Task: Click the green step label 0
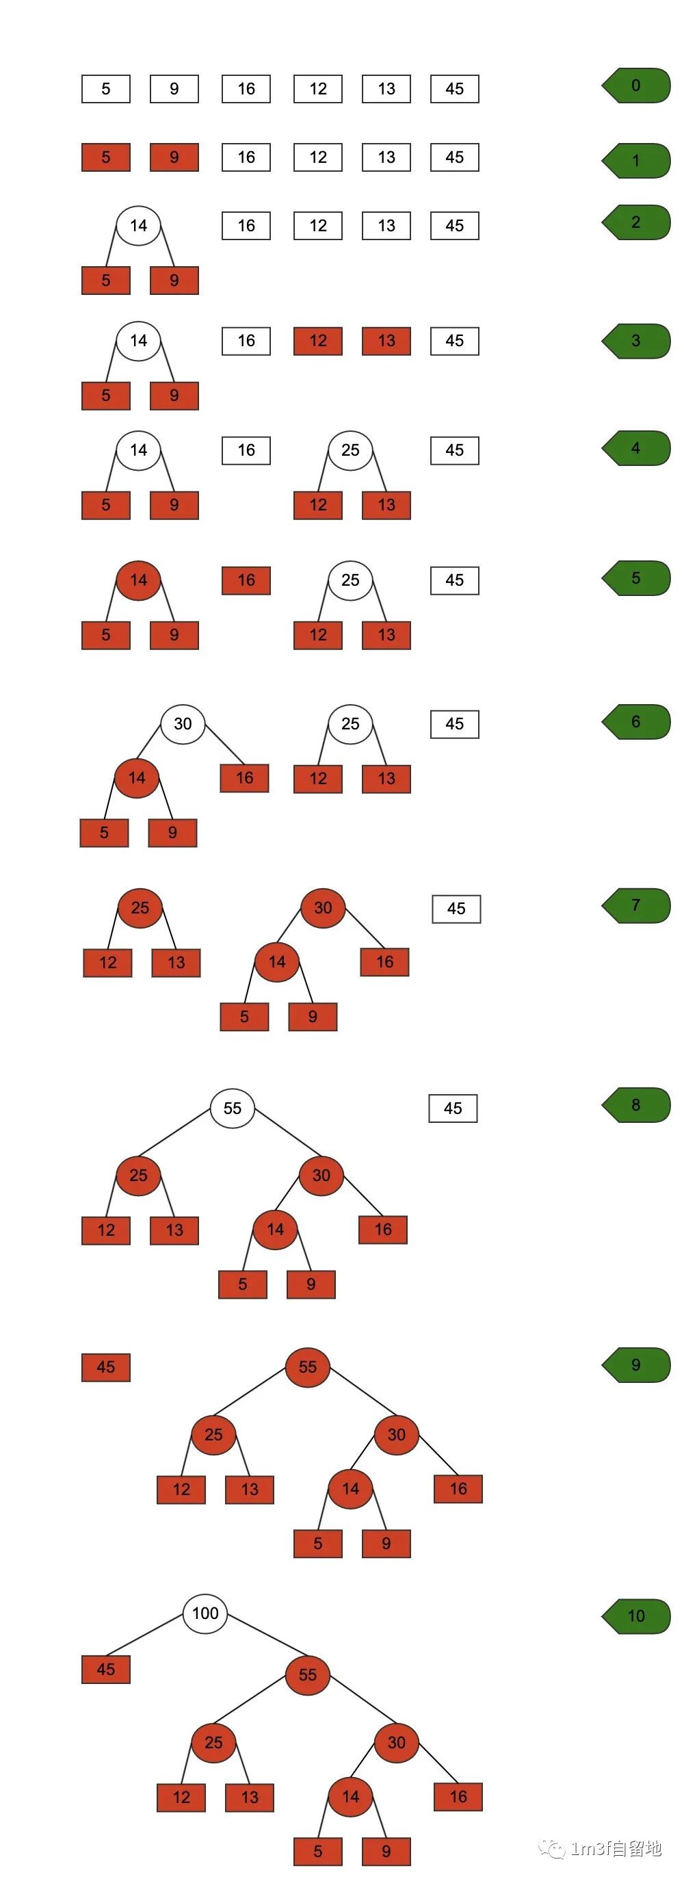pos(636,86)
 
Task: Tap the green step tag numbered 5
pos(636,578)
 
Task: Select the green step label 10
pos(636,1616)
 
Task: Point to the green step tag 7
pos(636,906)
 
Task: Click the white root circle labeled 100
pos(205,1614)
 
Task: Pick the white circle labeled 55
pos(232,1109)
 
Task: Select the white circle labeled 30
pos(183,723)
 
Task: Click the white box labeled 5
pos(106,89)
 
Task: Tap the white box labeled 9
pos(174,89)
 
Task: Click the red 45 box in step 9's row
pos(106,1368)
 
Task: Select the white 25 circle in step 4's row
pos(350,450)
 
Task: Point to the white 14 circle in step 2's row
pos(139,226)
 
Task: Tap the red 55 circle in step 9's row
pos(308,1367)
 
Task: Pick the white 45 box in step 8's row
pos(453,1109)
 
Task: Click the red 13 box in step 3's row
pos(386,341)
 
